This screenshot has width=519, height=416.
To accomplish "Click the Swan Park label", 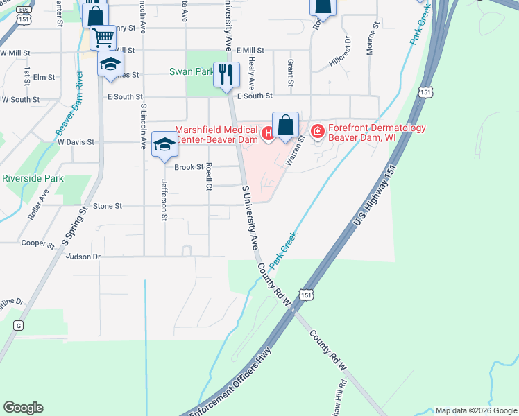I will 192,71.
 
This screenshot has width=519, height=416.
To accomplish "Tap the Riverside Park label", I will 33,178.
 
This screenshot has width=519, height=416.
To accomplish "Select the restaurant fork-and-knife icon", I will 226,75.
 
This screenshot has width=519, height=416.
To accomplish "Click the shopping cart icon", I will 103,37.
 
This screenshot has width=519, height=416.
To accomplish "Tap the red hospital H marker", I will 266,131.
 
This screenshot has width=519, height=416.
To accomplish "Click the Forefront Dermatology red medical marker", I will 317,131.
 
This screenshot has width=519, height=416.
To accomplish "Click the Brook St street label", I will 189,167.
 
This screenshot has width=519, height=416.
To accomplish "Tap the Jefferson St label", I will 164,200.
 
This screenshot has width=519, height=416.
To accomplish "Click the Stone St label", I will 108,206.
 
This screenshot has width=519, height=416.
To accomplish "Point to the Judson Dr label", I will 83,257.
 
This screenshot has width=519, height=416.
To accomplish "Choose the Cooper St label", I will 38,244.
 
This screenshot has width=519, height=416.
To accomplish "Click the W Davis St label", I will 76,142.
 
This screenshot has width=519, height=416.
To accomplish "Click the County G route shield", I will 18,325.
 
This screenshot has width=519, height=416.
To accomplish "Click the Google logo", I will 23,408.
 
